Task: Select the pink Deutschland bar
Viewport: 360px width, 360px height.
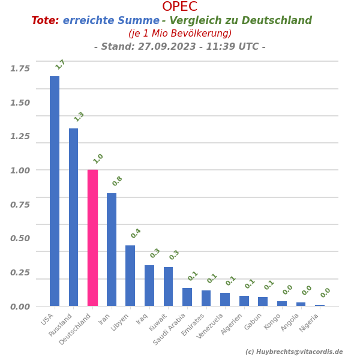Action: pos(92,238)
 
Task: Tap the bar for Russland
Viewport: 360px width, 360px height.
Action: pos(73,217)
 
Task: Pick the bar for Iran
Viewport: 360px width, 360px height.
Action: pos(112,250)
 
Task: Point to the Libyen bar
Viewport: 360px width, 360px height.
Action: pos(130,275)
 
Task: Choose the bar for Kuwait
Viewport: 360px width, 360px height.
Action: pos(168,286)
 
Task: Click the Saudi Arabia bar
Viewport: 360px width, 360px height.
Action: pos(187,297)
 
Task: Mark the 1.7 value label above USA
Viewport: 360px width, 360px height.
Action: pos(61,64)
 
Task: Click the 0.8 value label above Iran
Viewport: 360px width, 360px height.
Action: pos(118,181)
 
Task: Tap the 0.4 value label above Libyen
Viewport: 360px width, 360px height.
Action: pos(136,233)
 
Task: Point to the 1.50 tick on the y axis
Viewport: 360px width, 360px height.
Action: pos(20,103)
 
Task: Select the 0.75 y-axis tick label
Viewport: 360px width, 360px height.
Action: pos(20,205)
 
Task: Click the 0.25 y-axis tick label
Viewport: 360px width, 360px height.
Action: pos(20,272)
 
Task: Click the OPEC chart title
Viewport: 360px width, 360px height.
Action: pos(179,7)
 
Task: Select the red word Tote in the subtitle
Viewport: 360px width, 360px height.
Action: pos(45,21)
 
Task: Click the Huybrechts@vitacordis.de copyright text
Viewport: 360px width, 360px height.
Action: pos(294,352)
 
